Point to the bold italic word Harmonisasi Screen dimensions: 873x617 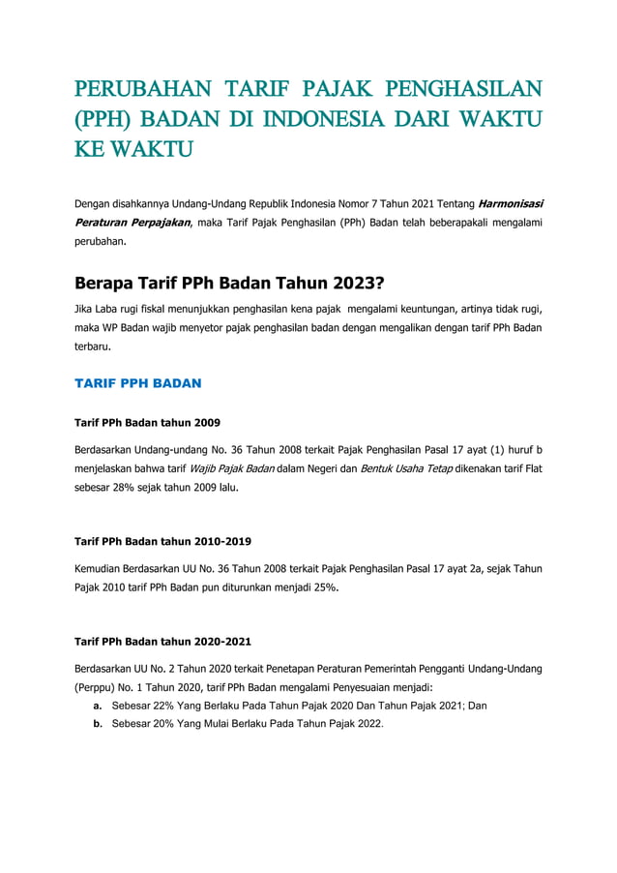tap(510, 203)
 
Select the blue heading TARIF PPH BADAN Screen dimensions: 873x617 tap(137, 383)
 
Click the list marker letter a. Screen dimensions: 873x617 tap(98, 706)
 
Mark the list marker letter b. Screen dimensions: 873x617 tap(98, 723)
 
